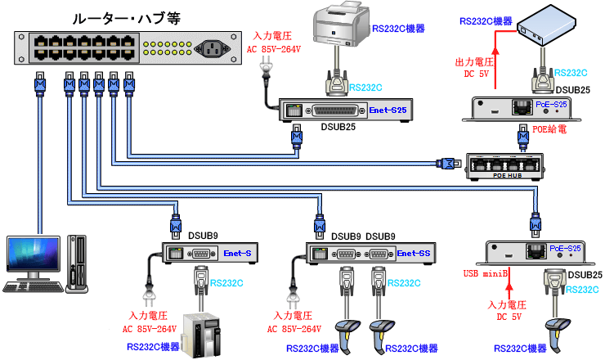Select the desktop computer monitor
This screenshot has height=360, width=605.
click(x=33, y=259)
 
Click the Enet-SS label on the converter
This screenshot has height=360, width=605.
click(x=414, y=253)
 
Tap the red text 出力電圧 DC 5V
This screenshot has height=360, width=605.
click(x=475, y=67)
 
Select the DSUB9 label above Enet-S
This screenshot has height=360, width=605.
click(x=203, y=236)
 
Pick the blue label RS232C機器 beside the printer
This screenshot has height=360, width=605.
click(x=398, y=29)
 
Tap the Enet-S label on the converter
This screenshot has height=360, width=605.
click(x=237, y=253)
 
